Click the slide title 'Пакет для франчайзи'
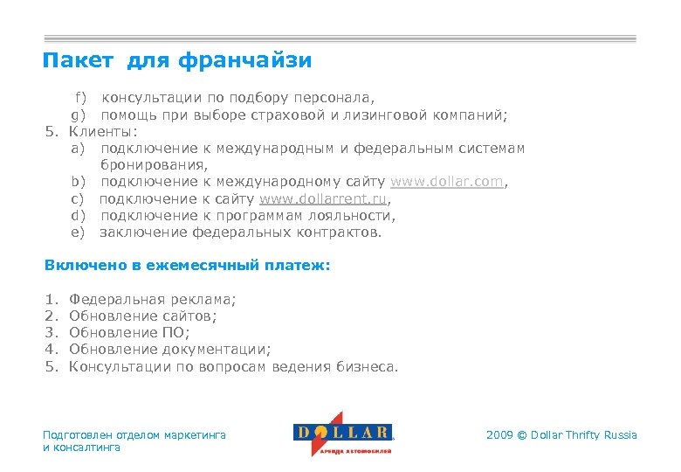point(177,61)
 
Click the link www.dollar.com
point(446,182)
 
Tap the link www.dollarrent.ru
point(324,198)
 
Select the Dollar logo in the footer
point(342,434)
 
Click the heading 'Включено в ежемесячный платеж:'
point(187,265)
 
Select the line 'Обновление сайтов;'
point(142,316)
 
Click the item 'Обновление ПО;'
point(129,333)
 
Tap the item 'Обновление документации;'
point(169,350)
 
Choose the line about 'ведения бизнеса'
point(233,367)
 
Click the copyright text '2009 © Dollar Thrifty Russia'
point(561,435)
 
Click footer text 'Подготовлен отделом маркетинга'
point(134,434)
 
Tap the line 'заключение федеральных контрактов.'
point(240,233)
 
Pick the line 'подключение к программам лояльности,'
point(247,216)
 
